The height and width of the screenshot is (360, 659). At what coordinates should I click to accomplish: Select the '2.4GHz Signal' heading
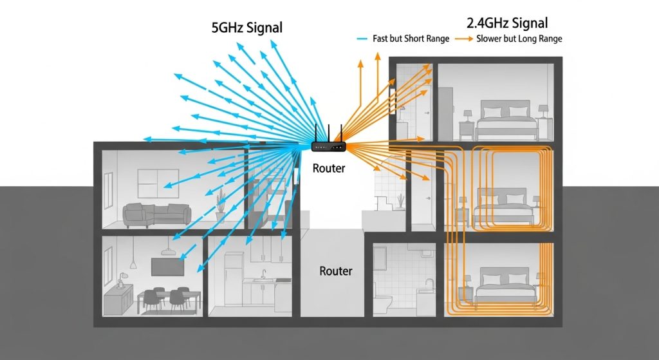[507, 24]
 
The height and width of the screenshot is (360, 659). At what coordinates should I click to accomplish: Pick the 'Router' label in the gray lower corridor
[335, 271]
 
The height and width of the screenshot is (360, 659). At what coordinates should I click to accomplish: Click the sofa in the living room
[157, 214]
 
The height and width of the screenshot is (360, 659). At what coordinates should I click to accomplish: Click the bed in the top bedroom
[506, 123]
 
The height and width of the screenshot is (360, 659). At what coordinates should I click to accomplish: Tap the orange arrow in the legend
[465, 39]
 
